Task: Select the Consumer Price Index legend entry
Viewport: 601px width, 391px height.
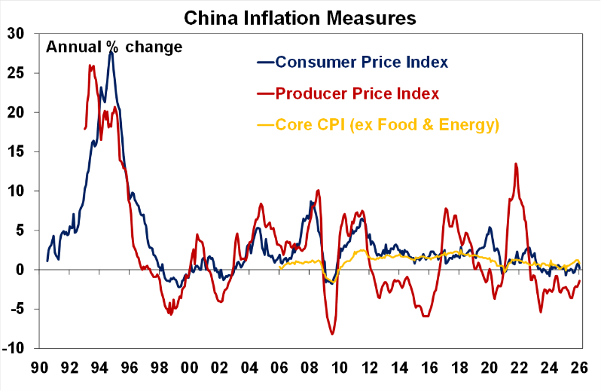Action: click(x=362, y=62)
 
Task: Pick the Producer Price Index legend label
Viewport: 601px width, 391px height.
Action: click(x=357, y=93)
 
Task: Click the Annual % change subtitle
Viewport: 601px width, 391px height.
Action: click(x=114, y=47)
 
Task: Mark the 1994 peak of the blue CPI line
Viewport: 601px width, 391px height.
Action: click(x=111, y=51)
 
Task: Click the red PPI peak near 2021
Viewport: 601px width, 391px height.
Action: click(x=516, y=163)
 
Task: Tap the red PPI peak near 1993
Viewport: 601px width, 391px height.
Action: click(x=90, y=66)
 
